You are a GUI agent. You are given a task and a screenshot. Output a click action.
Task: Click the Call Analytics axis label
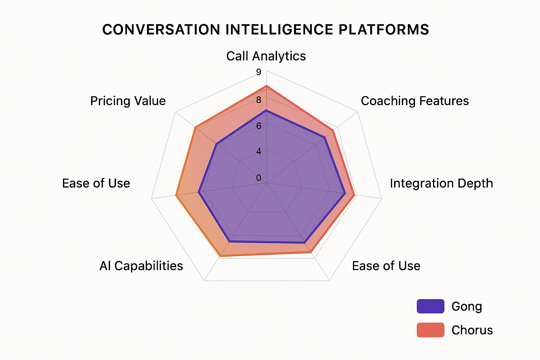[266, 56]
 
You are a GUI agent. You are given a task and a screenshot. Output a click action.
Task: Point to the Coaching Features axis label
[415, 101]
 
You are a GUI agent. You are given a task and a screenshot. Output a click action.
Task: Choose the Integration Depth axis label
[441, 183]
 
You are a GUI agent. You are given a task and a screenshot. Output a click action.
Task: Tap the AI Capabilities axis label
[141, 266]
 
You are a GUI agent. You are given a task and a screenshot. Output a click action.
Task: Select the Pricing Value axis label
[128, 101]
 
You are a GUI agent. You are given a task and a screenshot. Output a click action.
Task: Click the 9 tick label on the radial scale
[259, 72]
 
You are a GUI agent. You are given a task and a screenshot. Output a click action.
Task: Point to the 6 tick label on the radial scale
[259, 126]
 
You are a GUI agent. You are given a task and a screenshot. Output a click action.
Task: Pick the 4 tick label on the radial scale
[259, 152]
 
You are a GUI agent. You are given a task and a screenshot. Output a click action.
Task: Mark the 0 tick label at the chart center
[259, 178]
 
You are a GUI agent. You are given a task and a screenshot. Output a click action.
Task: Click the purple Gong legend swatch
[430, 306]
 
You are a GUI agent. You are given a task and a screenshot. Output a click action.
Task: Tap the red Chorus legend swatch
[430, 330]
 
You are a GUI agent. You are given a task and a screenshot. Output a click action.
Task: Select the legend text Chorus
[472, 330]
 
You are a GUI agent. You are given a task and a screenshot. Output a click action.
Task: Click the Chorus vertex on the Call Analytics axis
[266, 86]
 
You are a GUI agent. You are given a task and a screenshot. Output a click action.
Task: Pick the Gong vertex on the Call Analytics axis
[266, 110]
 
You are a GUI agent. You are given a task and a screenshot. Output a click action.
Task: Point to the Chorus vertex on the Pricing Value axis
[195, 127]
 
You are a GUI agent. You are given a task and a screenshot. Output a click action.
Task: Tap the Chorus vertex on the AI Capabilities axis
[220, 256]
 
